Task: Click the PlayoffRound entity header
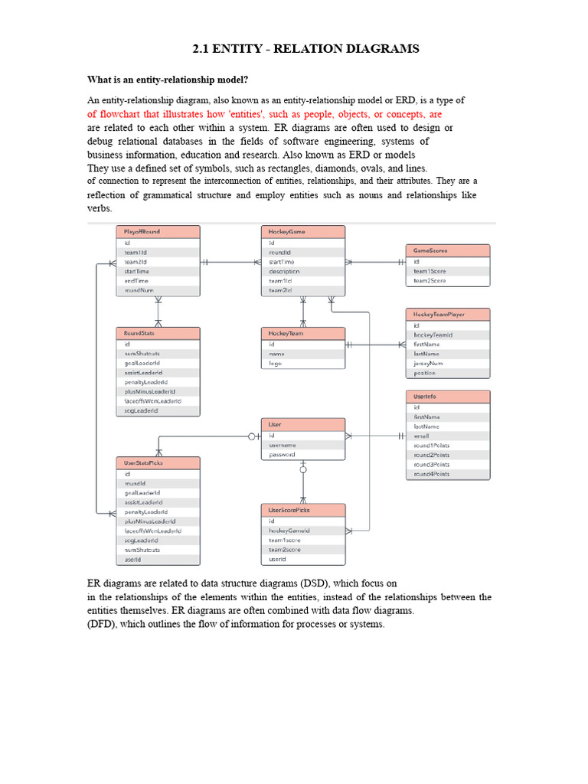158,231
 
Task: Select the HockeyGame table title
302,231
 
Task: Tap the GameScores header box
446,250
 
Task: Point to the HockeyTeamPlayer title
446,314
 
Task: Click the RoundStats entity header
158,333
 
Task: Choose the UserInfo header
447,397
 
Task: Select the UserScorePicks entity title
302,510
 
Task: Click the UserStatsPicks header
158,462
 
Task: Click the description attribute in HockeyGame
284,271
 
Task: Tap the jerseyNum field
428,364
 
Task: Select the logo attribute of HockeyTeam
276,364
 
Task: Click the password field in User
282,455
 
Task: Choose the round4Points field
431,474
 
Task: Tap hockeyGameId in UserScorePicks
289,531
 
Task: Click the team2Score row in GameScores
430,281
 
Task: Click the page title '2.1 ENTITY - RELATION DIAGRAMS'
305,49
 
